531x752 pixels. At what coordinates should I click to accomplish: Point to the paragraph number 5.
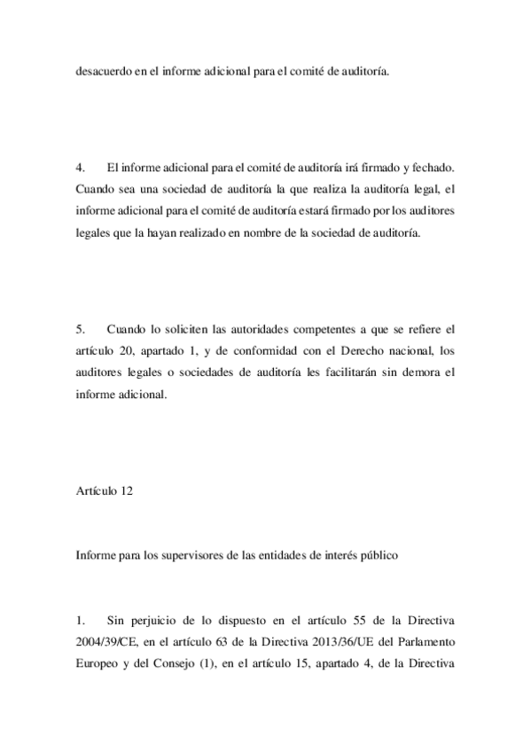(x=79, y=329)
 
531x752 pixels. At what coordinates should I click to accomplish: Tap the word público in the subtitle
(x=387, y=557)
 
